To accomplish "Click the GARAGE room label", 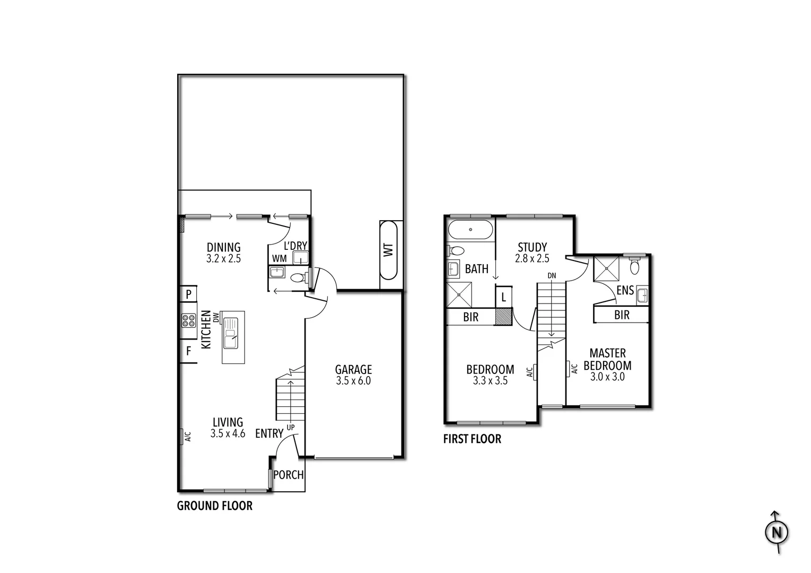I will click(x=353, y=369).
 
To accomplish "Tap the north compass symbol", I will click(x=777, y=532).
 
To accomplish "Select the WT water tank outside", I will click(x=388, y=250).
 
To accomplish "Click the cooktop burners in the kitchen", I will click(x=188, y=320).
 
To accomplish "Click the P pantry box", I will click(x=188, y=294).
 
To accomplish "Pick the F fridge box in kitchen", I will click(x=188, y=351).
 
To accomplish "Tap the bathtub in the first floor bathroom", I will click(x=470, y=230).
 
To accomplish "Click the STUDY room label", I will click(x=532, y=247).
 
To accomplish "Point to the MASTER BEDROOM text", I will click(x=607, y=359).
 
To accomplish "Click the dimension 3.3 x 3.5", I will click(x=490, y=380).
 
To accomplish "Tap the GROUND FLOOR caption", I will click(x=214, y=506).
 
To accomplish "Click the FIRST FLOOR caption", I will click(x=472, y=439).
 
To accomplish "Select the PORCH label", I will click(x=289, y=475).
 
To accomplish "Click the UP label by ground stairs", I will click(x=291, y=427).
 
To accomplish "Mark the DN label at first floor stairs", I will click(x=552, y=276).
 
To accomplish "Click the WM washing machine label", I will click(x=279, y=258).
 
